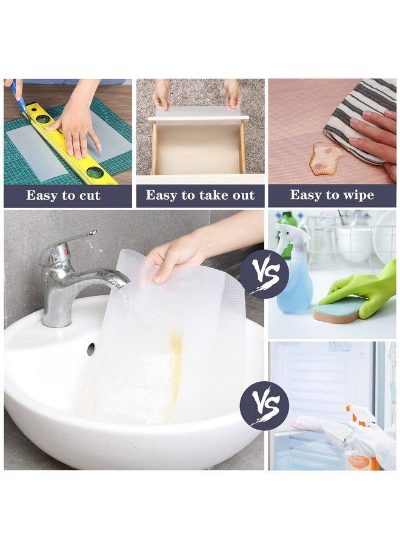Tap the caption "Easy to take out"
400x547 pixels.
click(200, 195)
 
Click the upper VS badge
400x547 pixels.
click(264, 274)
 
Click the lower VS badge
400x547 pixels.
click(264, 405)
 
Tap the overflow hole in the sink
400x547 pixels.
click(90, 349)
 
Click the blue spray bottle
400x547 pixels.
click(295, 284)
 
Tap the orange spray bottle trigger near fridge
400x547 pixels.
click(358, 418)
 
